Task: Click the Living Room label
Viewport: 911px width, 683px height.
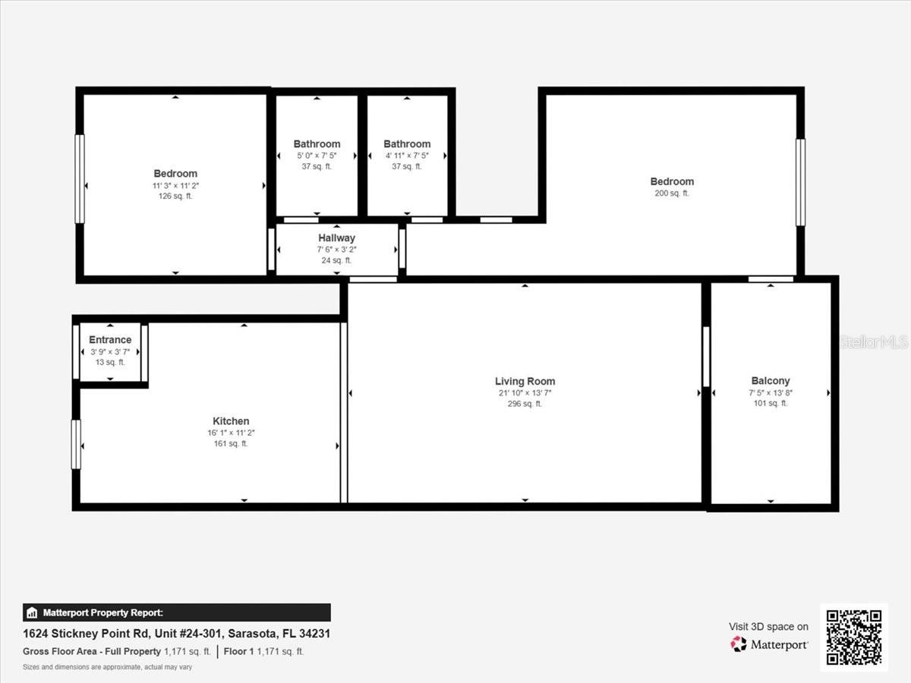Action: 525,381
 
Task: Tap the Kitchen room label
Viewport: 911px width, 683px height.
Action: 231,421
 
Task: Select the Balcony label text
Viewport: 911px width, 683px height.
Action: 771,381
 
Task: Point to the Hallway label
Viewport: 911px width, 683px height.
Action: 336,238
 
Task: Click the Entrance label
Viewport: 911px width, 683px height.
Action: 110,340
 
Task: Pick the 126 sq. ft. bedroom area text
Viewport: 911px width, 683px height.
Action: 175,197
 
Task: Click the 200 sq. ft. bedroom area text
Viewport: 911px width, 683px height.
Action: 672,194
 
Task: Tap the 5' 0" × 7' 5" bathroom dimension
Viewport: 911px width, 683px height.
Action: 317,156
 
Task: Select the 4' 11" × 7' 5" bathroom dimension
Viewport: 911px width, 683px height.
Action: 407,156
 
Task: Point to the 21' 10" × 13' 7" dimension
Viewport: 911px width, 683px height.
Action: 525,393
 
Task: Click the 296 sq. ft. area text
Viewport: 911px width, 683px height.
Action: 525,404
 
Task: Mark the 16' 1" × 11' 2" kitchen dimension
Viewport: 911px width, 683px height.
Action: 231,433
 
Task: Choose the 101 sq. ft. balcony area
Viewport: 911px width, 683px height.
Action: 771,404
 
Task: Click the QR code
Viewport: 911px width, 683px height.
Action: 854,637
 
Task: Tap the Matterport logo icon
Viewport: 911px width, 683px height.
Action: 738,644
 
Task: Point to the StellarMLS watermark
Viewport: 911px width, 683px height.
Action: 873,342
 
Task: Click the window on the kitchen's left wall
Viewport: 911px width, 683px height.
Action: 76,444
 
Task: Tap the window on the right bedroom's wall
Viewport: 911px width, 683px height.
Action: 799,182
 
